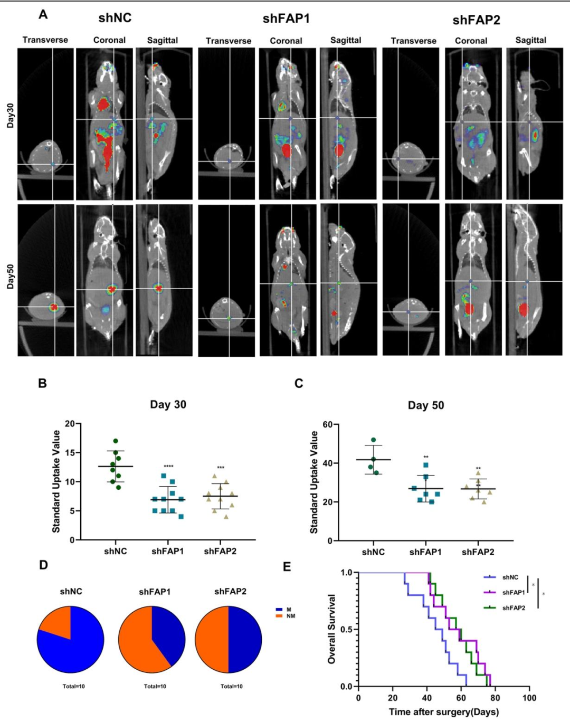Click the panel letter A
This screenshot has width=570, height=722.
[43, 15]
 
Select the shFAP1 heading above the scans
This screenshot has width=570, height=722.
[286, 18]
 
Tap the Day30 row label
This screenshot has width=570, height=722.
[11, 116]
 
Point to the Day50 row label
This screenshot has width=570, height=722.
[11, 277]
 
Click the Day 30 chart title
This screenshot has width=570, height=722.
[168, 405]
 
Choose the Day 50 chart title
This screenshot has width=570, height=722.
[426, 405]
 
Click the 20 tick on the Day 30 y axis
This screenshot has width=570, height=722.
[70, 424]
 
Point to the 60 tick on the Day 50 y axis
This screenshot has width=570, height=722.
[327, 425]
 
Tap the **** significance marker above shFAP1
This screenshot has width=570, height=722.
[168, 467]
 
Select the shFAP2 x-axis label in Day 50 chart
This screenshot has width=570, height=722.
[478, 552]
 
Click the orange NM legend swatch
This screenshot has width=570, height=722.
[279, 616]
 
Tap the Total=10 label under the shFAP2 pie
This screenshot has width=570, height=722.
[232, 687]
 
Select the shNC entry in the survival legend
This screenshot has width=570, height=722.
[510, 577]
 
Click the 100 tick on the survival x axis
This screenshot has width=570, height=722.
[529, 698]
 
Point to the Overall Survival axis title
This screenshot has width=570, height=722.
[332, 629]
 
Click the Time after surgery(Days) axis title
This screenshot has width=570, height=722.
[444, 712]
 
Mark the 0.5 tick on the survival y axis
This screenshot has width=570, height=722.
[346, 630]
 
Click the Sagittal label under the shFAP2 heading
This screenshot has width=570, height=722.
[530, 40]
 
